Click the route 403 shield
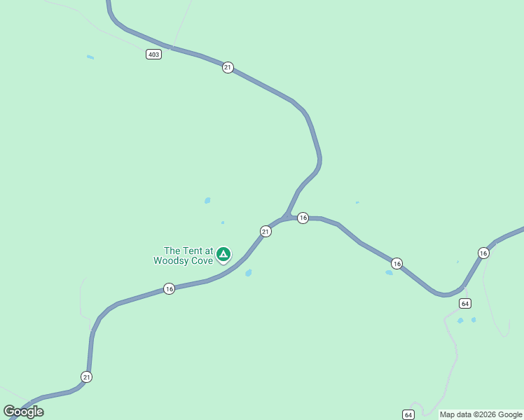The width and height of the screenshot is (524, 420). click(154, 54)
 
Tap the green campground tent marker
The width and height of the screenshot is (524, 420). click(223, 254)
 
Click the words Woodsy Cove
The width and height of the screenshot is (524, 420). click(184, 260)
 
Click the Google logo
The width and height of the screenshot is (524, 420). click(23, 412)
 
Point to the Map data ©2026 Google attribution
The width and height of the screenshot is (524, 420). click(481, 414)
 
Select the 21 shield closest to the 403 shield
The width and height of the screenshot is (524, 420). click(228, 67)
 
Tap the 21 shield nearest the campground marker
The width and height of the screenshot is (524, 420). click(266, 231)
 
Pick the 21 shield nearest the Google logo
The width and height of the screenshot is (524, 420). click(86, 377)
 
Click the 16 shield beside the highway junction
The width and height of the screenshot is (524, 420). click(303, 218)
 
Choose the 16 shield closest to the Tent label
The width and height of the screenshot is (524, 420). click(169, 288)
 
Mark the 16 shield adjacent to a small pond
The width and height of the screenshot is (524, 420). click(397, 263)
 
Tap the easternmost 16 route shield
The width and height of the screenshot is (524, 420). click(483, 252)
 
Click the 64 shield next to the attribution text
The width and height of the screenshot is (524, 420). click(408, 414)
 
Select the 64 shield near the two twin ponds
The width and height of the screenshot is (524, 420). click(465, 303)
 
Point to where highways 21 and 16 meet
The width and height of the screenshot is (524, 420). click(287, 216)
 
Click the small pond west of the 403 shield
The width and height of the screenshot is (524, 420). click(90, 57)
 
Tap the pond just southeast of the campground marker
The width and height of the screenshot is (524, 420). click(249, 273)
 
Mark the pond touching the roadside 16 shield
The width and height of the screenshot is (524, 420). click(389, 272)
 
